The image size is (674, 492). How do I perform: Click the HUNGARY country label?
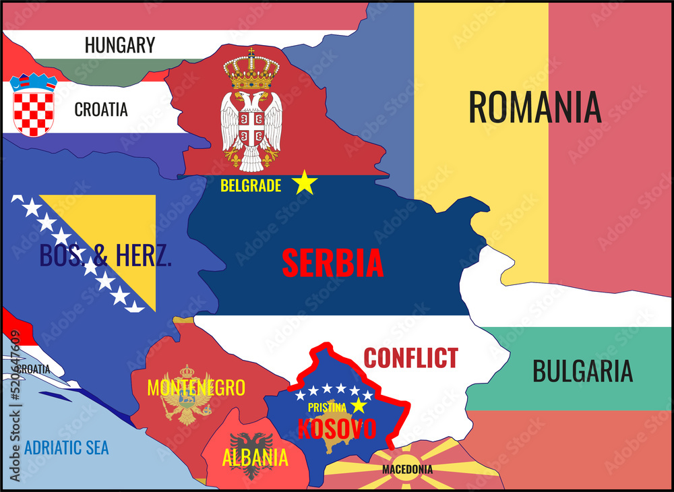coord(120,45)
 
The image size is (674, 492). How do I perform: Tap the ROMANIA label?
coord(534,106)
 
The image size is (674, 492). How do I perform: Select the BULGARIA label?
coord(582,371)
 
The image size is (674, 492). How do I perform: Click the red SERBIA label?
coord(332,263)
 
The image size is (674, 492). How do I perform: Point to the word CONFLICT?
coord(410,358)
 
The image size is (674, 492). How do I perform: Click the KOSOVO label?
coord(337,429)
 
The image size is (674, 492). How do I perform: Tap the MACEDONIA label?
coord(407,469)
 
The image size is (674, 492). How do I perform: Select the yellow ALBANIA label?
coord(255,458)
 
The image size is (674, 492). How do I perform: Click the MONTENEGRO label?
coord(195,388)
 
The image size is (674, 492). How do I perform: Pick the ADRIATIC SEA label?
coord(66,448)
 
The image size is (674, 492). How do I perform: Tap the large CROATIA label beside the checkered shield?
coord(101,109)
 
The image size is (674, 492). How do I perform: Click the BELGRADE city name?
coord(251,186)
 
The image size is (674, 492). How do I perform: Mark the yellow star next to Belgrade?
coord(305,183)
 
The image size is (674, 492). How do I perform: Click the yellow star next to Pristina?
coord(358,406)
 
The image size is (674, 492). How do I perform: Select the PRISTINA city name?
coord(327,407)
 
